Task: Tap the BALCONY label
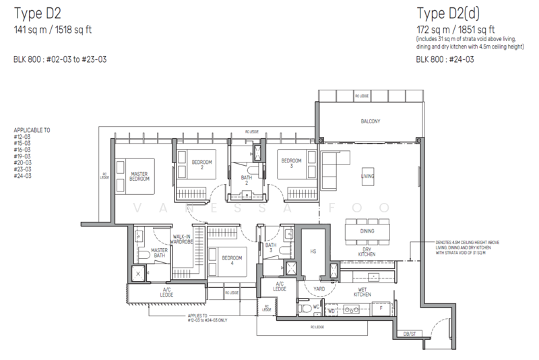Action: tap(370, 121)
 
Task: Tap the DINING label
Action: tap(367, 231)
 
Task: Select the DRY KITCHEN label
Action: tap(367, 252)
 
